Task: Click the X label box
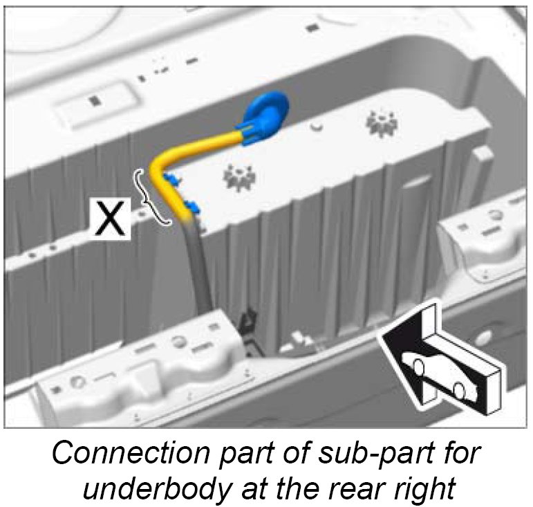pyautogui.click(x=111, y=219)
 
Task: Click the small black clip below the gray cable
pyautogui.click(x=247, y=320)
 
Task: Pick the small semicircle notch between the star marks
pyautogui.click(x=316, y=127)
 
